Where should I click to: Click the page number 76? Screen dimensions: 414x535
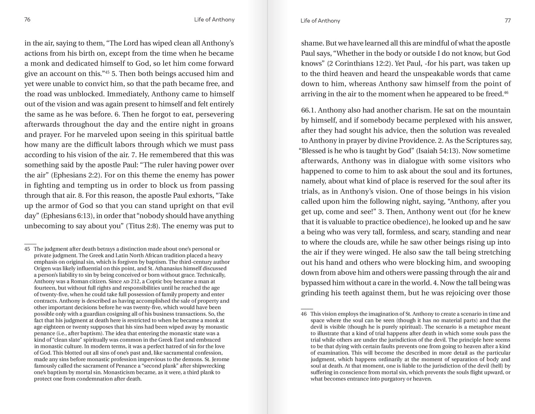pyautogui.click(x=27, y=20)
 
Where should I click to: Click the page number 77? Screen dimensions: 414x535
pyautogui.click(x=508, y=20)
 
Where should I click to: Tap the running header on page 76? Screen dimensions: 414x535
pyautogui.click(x=214, y=20)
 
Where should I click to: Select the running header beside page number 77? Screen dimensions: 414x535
pyautogui.click(x=320, y=21)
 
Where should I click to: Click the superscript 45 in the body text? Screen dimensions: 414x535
pyautogui.click(x=107, y=72)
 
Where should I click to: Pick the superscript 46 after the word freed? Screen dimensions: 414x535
pyautogui.click(x=506, y=92)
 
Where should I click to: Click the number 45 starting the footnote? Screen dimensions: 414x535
pyautogui.click(x=27, y=249)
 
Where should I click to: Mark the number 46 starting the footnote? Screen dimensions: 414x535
pyautogui.click(x=304, y=314)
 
